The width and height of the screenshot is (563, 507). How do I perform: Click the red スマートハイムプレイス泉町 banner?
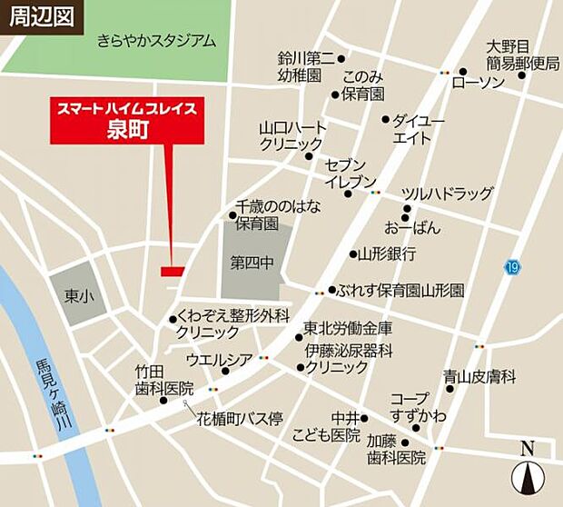tap(127, 118)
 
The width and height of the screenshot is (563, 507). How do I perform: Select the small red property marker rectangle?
tap(173, 271)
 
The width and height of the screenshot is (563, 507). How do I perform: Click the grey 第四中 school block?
tap(257, 263)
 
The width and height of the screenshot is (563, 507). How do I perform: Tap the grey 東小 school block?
tap(76, 295)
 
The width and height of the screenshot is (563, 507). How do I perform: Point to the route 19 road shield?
tap(514, 267)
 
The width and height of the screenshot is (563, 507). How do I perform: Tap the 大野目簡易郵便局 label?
tap(522, 54)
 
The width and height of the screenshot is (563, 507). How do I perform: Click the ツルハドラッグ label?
tap(448, 194)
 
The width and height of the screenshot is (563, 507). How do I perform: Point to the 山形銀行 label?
tap(387, 253)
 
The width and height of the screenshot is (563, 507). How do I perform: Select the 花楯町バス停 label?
tap(241, 419)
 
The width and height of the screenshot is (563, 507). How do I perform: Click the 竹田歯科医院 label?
tap(164, 379)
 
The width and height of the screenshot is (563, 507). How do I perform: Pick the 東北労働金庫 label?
tap(348, 328)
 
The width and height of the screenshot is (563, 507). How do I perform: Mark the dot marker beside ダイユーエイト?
tap(385, 119)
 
